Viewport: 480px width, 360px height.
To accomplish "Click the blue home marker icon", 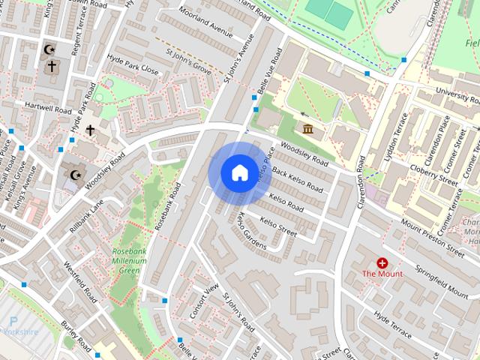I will tap(238, 173).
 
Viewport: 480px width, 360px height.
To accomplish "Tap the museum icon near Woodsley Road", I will tap(308, 129).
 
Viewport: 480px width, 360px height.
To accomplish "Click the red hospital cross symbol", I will tap(382, 262).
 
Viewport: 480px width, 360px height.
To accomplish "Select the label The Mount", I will tap(382, 274).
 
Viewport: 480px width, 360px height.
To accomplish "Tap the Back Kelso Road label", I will tap(299, 178).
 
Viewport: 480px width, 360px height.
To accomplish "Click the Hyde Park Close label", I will tap(133, 70).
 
